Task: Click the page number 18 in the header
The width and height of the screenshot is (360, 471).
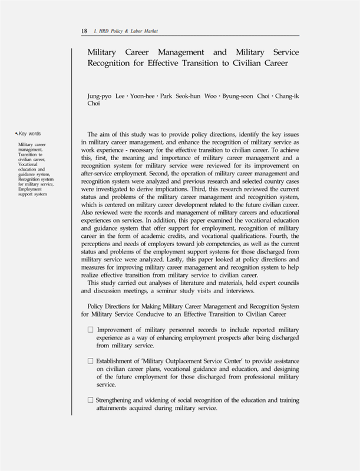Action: [84, 31]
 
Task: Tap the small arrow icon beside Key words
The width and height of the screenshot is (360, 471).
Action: [17, 134]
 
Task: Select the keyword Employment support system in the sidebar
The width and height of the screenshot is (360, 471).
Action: [32, 191]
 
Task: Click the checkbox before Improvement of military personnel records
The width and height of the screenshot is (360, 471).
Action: [90, 330]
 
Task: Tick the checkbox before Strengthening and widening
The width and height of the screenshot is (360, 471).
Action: [90, 400]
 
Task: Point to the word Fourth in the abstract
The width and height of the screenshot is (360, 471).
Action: [286, 234]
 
